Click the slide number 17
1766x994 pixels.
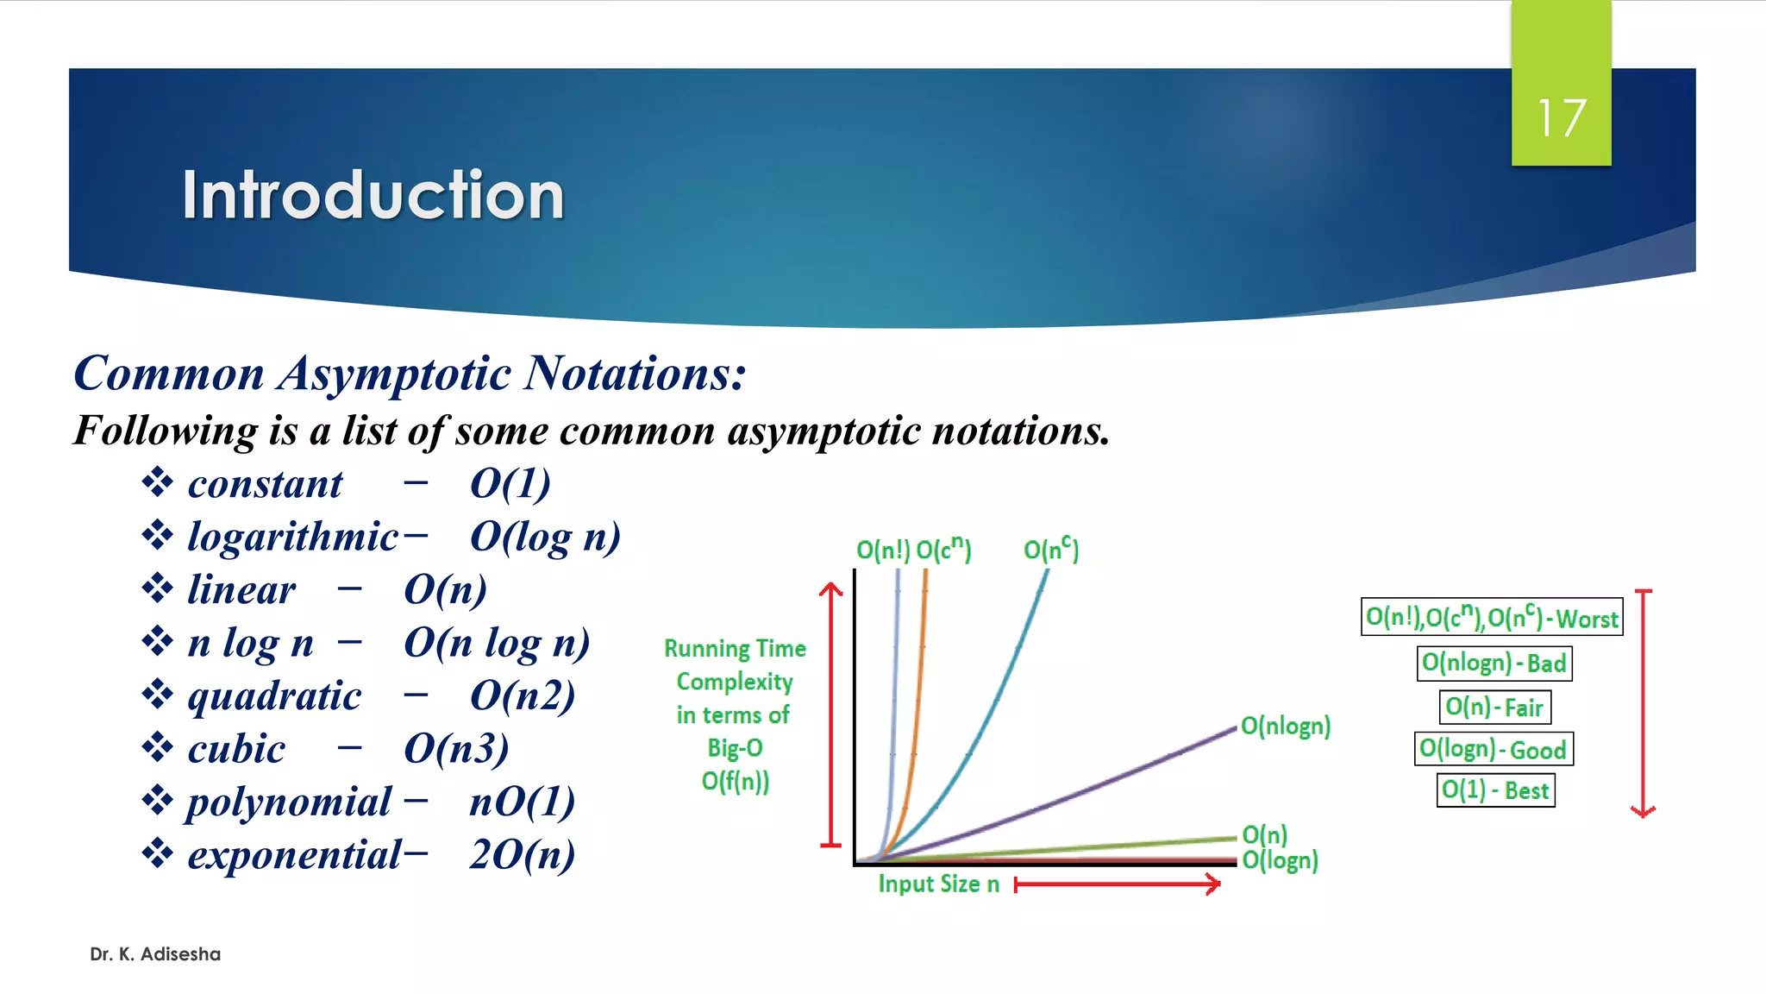pos(1561,118)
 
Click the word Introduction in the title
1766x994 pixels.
pos(373,195)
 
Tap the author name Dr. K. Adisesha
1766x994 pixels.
pos(155,954)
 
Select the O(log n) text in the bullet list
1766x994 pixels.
pos(545,538)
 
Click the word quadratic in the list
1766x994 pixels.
pos(274,696)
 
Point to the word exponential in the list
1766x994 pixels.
pos(294,855)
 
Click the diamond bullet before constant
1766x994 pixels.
pos(157,482)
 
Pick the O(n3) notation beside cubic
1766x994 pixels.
pos(456,749)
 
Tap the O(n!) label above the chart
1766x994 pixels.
pos(882,550)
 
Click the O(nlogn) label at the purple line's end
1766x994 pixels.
pos(1285,727)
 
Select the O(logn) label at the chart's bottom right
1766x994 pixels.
pos(1280,860)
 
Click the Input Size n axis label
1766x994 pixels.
pos(938,884)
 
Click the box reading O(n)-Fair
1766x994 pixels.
pos(1494,708)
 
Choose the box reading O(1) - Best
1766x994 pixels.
pos(1495,790)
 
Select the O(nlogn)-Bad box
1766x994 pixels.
pos(1494,664)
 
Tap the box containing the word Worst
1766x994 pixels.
pos(1492,618)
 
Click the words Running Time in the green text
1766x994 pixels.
pos(735,649)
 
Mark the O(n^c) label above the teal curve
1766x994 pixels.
pos(1050,549)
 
